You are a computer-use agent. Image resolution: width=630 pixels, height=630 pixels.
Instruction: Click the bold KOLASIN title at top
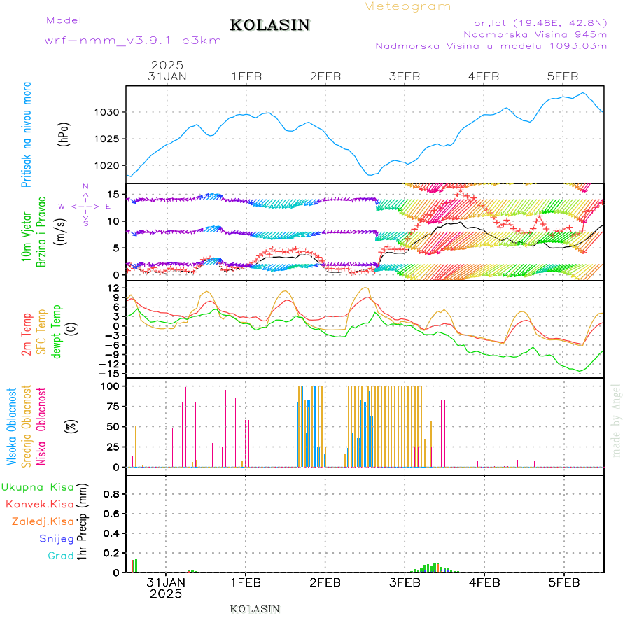point(269,25)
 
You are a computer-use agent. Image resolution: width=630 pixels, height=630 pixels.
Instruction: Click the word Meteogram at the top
point(407,6)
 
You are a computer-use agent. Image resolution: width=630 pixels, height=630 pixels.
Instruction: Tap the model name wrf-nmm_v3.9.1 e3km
point(133,41)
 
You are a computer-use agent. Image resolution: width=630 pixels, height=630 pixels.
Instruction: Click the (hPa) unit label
point(64,134)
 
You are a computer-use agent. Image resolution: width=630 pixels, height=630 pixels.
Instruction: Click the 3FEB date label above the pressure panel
point(405,76)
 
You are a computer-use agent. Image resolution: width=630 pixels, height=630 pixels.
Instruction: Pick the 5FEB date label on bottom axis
point(563,582)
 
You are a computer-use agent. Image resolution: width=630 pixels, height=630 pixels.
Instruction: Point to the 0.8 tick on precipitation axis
point(112,493)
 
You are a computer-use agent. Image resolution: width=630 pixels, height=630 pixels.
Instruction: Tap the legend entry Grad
point(61,556)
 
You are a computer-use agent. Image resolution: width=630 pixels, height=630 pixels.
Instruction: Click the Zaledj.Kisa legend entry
point(43,521)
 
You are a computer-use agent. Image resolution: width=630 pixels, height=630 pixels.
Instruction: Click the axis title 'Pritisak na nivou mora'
point(27,134)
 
